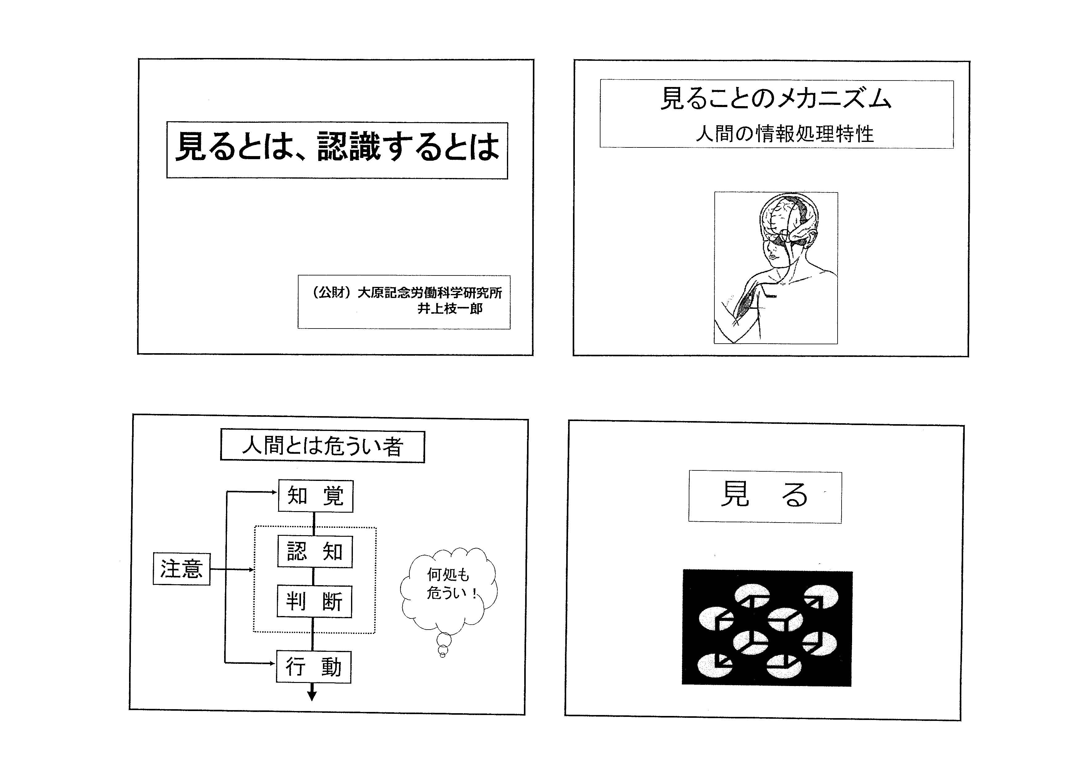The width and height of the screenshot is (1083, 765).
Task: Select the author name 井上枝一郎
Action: (450, 309)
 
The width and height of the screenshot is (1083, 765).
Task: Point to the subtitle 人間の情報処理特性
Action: (784, 134)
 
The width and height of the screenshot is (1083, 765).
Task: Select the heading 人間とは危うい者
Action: (323, 446)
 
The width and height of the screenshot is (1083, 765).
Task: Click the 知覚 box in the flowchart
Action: (316, 496)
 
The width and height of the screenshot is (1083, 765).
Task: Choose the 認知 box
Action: (315, 552)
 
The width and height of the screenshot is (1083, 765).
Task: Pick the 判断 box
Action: (314, 602)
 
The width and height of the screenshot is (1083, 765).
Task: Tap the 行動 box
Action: (314, 667)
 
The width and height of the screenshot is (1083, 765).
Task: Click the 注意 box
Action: (182, 569)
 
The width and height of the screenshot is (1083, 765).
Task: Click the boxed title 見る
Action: (765, 497)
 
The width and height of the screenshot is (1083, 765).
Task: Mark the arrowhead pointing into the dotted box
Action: (251, 569)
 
